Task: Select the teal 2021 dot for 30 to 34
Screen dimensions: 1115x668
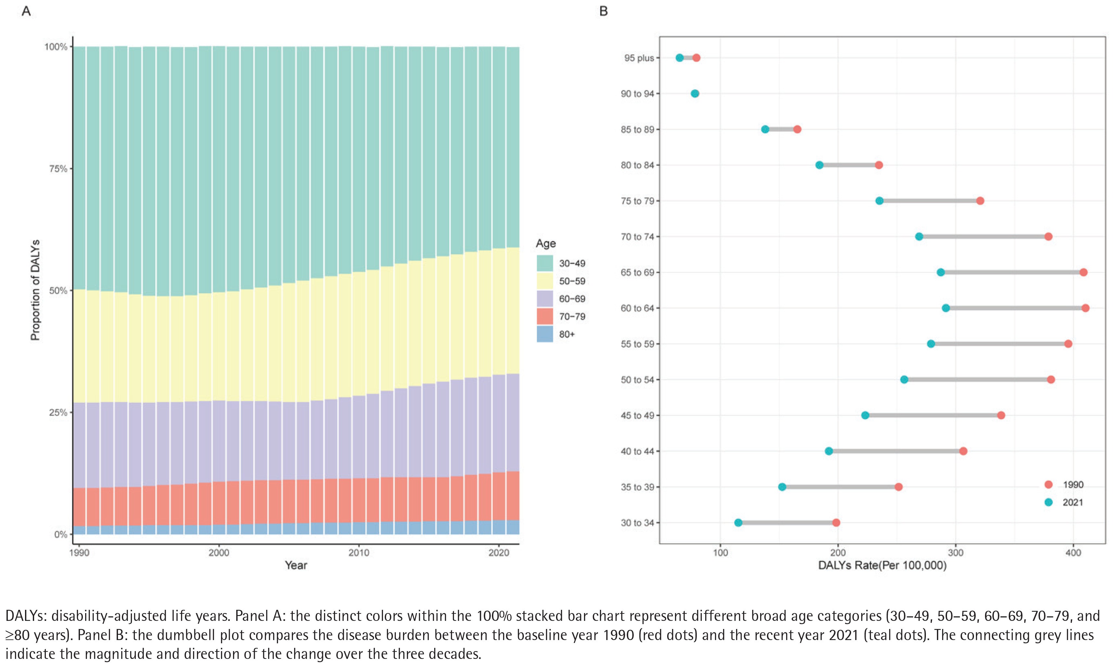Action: (x=738, y=523)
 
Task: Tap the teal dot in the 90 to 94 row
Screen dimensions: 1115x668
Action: (x=695, y=94)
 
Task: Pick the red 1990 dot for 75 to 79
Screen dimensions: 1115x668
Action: (x=980, y=201)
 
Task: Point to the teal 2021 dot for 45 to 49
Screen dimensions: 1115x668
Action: (x=865, y=415)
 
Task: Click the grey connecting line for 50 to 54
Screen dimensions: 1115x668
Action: (x=977, y=379)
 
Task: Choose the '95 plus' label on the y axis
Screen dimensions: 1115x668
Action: (x=639, y=58)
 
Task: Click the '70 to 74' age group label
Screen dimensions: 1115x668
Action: (x=637, y=237)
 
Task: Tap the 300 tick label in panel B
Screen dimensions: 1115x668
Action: (x=955, y=552)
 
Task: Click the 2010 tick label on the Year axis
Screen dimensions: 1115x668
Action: (x=359, y=552)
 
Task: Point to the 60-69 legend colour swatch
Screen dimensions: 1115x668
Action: (x=544, y=298)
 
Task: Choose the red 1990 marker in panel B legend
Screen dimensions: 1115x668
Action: (x=1048, y=484)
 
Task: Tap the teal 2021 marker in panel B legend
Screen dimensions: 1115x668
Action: (x=1048, y=502)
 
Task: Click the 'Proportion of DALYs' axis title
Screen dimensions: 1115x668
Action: (x=35, y=290)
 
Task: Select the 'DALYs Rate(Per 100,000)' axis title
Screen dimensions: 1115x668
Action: (x=882, y=565)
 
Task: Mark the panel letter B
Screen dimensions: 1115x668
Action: (x=604, y=11)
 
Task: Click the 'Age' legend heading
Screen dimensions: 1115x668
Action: (x=546, y=243)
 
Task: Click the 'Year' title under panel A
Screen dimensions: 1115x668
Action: (x=296, y=565)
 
